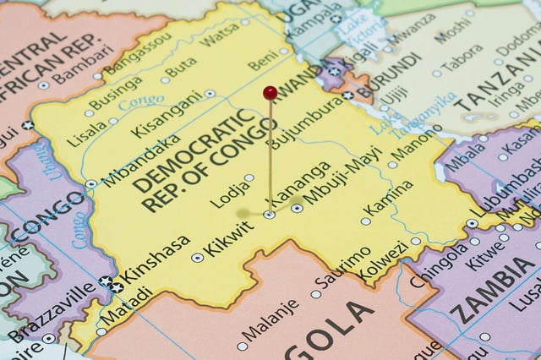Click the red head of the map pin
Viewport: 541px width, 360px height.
tap(270, 92)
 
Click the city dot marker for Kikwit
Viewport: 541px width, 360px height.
tap(198, 258)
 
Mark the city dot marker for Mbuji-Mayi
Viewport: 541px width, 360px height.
tap(298, 208)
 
